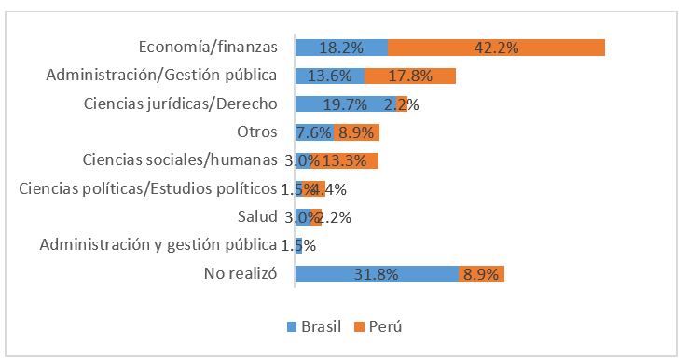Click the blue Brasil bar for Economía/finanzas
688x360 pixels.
click(341, 47)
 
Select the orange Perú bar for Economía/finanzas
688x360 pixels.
click(496, 47)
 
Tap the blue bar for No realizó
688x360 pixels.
click(377, 273)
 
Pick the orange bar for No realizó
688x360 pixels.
click(481, 273)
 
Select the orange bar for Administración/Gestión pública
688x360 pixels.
click(410, 76)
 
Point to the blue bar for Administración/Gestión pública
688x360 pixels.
click(330, 76)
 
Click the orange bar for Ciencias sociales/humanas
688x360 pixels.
click(345, 160)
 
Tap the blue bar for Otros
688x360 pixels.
click(314, 132)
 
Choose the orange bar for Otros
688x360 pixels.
click(356, 132)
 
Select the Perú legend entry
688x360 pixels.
click(378, 326)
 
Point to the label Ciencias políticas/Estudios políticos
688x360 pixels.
click(148, 189)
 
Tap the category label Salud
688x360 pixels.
click(258, 217)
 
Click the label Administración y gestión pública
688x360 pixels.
click(158, 245)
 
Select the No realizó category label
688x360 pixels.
click(241, 273)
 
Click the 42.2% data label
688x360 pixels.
click(496, 48)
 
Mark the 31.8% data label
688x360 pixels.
click(377, 274)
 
